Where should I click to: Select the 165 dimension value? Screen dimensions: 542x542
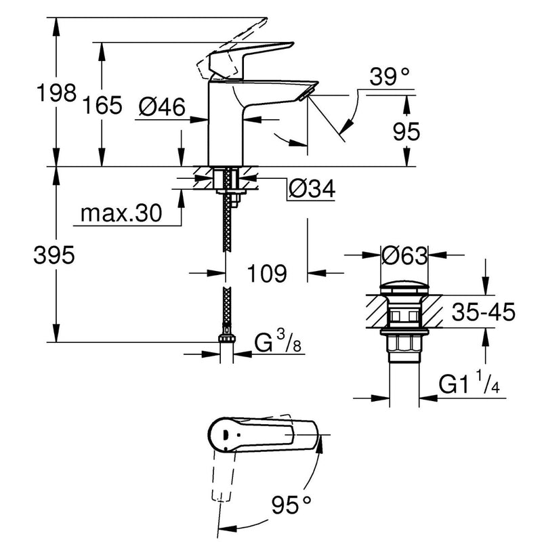pos(103,105)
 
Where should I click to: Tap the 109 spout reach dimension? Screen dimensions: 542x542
pos(266,274)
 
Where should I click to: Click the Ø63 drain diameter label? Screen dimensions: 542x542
pos(404,256)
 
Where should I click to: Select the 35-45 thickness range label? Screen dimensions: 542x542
pos(483,312)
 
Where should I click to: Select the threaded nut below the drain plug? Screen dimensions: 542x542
pos(404,343)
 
